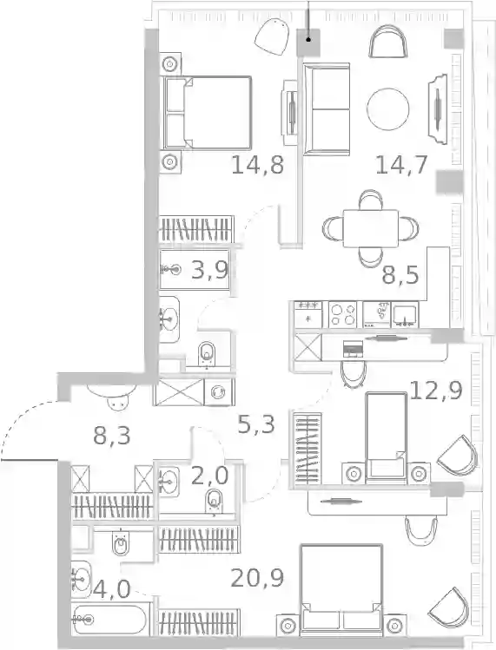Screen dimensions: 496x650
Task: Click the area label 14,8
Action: (257, 165)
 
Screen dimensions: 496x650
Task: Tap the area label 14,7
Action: (401, 165)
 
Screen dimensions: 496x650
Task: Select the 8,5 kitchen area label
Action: (400, 276)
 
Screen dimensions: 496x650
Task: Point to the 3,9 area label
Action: (209, 270)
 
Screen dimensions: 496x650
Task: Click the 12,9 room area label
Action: (436, 390)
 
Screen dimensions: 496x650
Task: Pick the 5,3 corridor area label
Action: (256, 424)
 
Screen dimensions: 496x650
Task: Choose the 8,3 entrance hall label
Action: (112, 436)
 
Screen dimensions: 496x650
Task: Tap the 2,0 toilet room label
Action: (209, 476)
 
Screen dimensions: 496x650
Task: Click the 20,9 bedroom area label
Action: (257, 578)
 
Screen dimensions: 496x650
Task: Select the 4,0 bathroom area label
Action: (112, 589)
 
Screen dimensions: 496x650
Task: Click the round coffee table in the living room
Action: (388, 109)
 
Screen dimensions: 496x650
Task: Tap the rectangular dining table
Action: (371, 228)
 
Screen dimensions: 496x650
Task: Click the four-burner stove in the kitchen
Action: (342, 315)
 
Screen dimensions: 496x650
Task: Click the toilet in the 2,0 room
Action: (214, 501)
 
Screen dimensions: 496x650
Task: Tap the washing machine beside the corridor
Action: (219, 391)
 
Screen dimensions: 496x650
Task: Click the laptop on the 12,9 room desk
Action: (354, 349)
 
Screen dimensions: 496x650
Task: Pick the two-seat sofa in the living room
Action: (327, 109)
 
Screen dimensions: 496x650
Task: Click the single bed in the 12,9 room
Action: (386, 437)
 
